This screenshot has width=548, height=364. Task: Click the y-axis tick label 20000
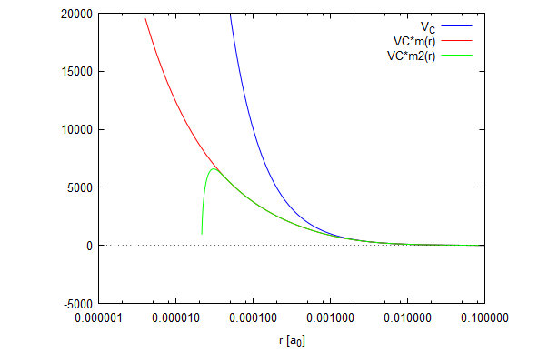point(75,14)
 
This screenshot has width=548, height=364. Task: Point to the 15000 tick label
point(75,72)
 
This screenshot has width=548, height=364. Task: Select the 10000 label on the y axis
point(75,129)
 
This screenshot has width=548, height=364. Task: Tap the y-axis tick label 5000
point(78,187)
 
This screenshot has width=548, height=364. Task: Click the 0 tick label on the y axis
point(88,246)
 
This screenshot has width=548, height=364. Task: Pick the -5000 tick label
point(76,303)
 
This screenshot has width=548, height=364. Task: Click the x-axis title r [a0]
point(291,341)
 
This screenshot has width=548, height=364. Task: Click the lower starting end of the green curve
point(202,234)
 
